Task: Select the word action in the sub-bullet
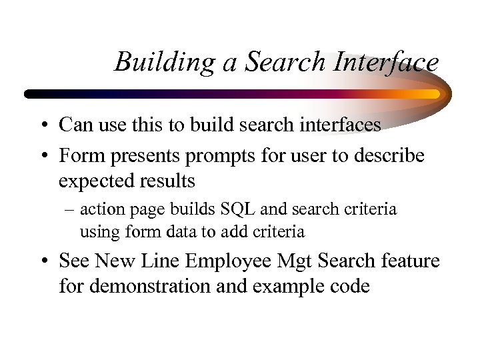[x=99, y=209]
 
